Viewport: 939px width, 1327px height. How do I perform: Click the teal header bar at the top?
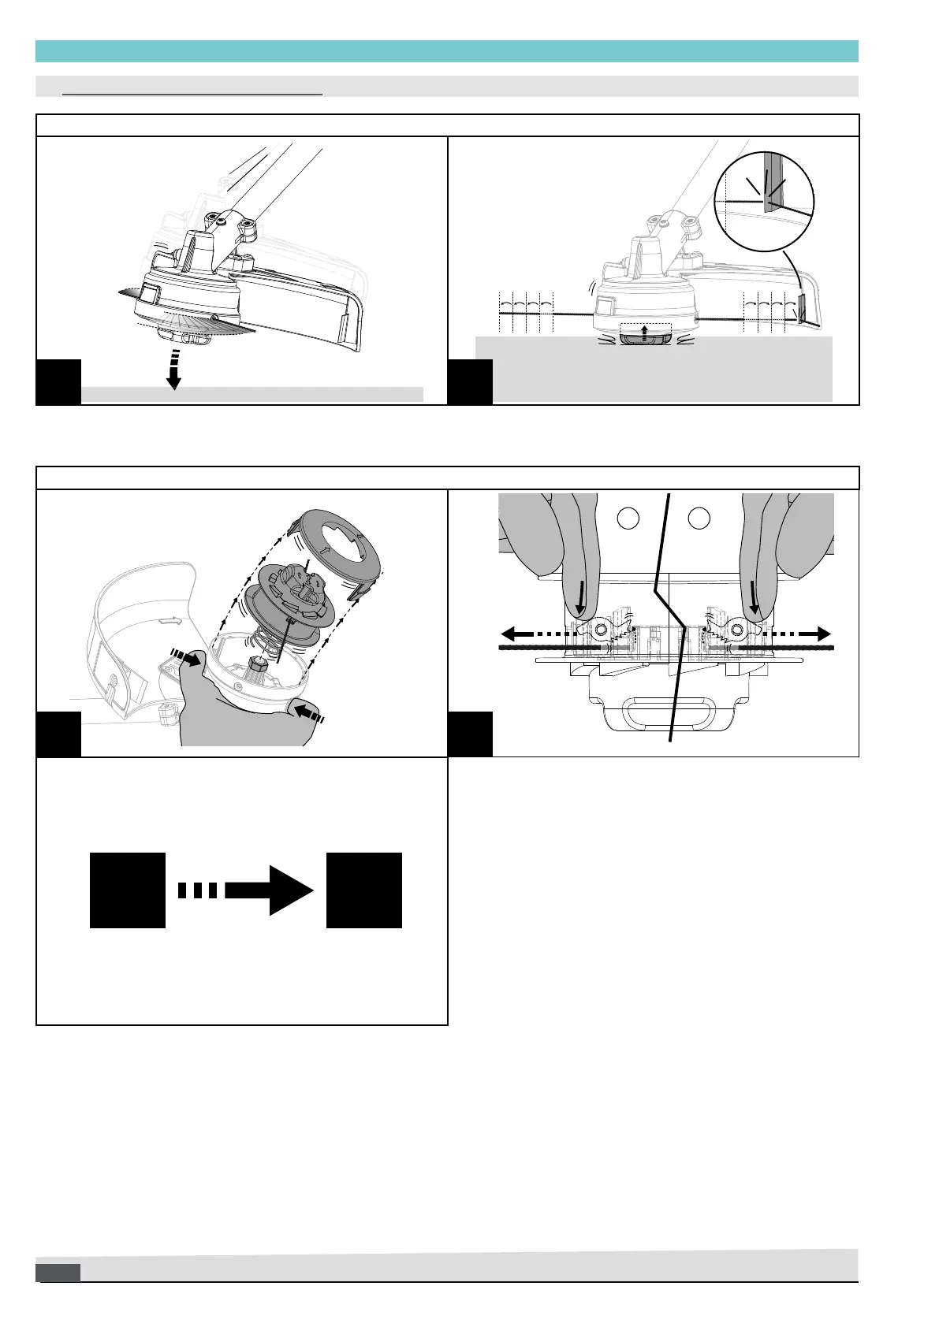446,51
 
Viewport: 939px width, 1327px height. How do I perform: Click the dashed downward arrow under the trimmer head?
173,370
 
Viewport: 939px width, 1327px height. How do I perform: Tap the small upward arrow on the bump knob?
644,332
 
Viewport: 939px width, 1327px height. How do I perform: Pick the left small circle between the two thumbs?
628,518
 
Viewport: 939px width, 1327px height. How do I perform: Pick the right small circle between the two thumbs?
699,518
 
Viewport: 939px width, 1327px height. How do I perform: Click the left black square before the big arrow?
128,890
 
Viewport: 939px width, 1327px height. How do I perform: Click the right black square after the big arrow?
364,890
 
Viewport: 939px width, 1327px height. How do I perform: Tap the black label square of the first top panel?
59,381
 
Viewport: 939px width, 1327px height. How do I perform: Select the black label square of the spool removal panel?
59,734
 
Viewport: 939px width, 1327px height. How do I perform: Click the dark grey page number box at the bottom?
58,1272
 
